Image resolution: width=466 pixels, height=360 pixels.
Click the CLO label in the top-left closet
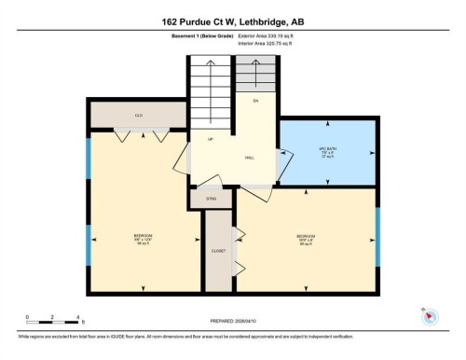coord(138,116)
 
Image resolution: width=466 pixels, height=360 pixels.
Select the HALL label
coord(250,158)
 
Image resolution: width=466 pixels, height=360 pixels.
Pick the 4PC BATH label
coord(327,150)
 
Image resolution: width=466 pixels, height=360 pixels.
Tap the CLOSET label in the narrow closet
coord(219,251)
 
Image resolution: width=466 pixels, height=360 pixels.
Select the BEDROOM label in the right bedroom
coord(306,236)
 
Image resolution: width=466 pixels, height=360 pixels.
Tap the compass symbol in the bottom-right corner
coord(431,316)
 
